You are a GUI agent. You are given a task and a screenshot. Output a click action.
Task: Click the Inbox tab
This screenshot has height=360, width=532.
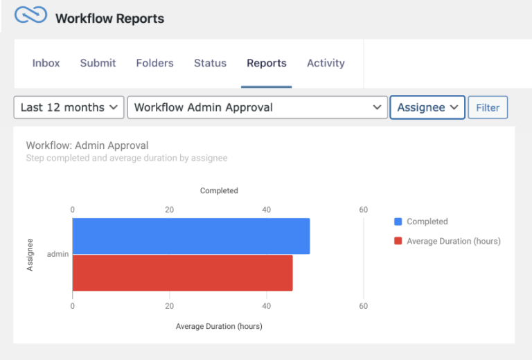(46, 63)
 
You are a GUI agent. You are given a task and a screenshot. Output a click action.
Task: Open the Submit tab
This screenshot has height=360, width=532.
(98, 63)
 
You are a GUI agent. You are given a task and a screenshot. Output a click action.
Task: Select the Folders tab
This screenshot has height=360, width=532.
(154, 63)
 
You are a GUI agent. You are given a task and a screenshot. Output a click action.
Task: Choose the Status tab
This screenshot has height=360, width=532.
(210, 63)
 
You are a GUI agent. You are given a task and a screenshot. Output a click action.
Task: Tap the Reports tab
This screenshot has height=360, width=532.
(266, 63)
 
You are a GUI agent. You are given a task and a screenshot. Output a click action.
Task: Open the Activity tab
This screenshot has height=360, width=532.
(326, 63)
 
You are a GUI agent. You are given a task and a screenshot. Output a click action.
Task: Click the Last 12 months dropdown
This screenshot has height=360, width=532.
(69, 107)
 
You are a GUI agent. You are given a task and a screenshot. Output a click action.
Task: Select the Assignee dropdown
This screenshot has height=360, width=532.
(427, 107)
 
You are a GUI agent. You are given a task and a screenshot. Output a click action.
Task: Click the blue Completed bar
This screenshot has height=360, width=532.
(190, 236)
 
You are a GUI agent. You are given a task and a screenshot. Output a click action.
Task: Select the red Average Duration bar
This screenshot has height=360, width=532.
(182, 273)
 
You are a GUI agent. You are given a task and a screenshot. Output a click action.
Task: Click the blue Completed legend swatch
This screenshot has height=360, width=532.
(398, 222)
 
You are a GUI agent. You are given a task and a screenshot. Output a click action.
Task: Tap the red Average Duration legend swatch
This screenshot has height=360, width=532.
(398, 242)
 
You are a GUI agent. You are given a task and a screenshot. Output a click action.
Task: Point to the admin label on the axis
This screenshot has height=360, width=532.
(57, 254)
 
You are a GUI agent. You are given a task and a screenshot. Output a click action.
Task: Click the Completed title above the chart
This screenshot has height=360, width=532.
(219, 190)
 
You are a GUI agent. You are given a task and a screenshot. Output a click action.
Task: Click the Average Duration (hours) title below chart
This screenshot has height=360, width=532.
(219, 326)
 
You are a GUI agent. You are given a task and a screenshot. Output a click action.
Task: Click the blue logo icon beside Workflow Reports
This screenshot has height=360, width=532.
(30, 16)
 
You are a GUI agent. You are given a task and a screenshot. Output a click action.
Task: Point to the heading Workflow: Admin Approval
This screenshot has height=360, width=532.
(87, 145)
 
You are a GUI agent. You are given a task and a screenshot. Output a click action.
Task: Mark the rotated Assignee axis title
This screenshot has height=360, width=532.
(30, 254)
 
